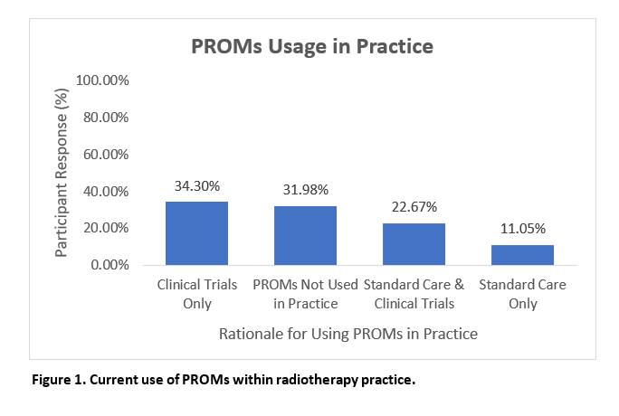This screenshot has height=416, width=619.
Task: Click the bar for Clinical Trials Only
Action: click(x=196, y=233)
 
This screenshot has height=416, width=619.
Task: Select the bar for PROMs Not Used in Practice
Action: click(x=305, y=235)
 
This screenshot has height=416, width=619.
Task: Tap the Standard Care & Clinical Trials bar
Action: click(x=414, y=244)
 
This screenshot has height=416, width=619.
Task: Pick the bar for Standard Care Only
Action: click(x=522, y=255)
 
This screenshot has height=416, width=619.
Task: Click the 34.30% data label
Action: click(x=197, y=185)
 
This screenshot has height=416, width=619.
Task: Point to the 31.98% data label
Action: click(x=306, y=190)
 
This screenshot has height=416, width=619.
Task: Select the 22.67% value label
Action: click(x=414, y=206)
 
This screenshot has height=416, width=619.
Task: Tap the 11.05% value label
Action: click(x=523, y=228)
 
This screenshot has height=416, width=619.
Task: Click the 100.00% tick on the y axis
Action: click(x=102, y=80)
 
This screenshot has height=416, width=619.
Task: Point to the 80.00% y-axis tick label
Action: click(x=106, y=117)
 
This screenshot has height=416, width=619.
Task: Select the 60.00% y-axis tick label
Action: click(x=106, y=154)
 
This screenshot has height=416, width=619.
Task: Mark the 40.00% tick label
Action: click(x=106, y=191)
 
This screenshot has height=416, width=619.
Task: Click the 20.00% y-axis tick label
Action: click(x=106, y=228)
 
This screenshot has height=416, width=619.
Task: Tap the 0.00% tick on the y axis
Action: click(x=110, y=265)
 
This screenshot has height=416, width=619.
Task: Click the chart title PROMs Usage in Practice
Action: click(x=312, y=46)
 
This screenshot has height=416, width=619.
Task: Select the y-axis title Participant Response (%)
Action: click(x=62, y=173)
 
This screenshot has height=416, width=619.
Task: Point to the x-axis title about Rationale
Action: click(x=348, y=334)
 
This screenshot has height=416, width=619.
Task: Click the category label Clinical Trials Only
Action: click(x=197, y=294)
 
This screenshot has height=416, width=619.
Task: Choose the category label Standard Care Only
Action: click(x=523, y=294)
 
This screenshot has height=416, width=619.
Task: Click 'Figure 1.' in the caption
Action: click(x=59, y=380)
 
